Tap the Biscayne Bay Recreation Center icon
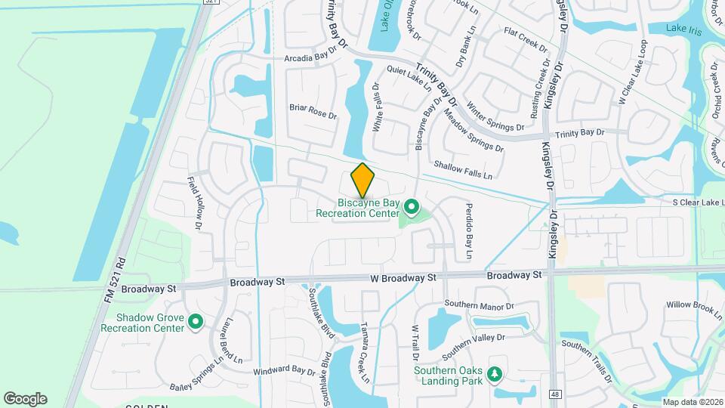click(412, 206)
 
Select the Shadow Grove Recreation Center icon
click(196, 323)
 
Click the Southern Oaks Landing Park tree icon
click(495, 374)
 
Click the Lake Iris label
click(686, 28)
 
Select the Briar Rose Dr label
click(313, 111)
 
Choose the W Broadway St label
click(403, 278)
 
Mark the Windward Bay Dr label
click(284, 371)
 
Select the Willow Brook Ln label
click(696, 306)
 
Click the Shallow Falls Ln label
click(463, 169)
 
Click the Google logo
click(25, 399)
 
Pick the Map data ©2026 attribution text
click(693, 402)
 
